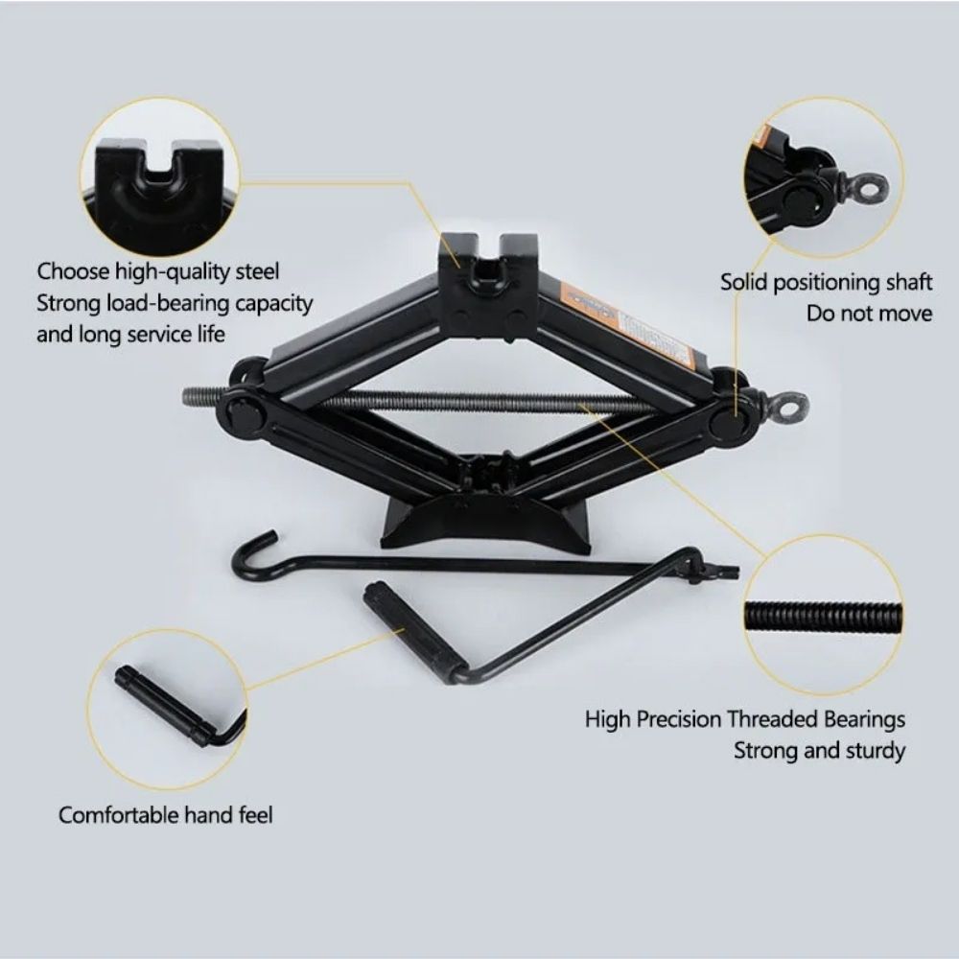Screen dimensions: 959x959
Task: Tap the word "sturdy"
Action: pyautogui.click(x=874, y=751)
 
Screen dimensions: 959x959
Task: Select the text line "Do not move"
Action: pyautogui.click(x=869, y=314)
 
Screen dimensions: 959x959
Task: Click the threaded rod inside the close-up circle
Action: pyautogui.click(x=823, y=616)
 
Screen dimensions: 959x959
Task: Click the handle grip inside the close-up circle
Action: pyautogui.click(x=165, y=704)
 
